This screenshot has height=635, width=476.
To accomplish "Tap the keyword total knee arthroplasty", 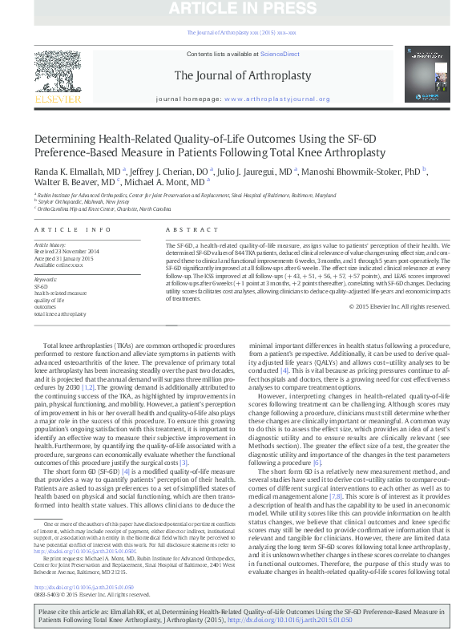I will click(59, 313).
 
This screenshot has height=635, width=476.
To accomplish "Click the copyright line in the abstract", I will click(396, 306).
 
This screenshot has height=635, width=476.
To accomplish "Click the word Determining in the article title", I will click(66, 138).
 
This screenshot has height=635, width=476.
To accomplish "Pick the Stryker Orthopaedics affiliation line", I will click(71, 202).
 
